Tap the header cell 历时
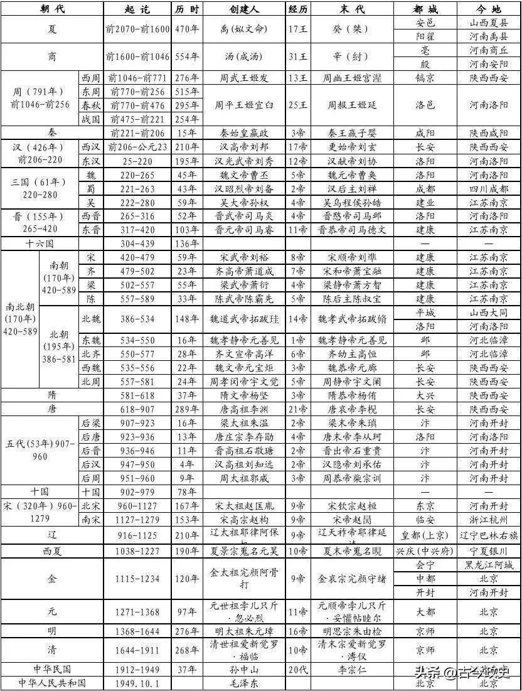tap(186, 10)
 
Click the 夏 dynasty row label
tap(51, 29)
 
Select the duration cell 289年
tap(186, 409)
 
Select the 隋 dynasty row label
tap(51, 395)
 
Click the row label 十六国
tap(40, 244)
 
